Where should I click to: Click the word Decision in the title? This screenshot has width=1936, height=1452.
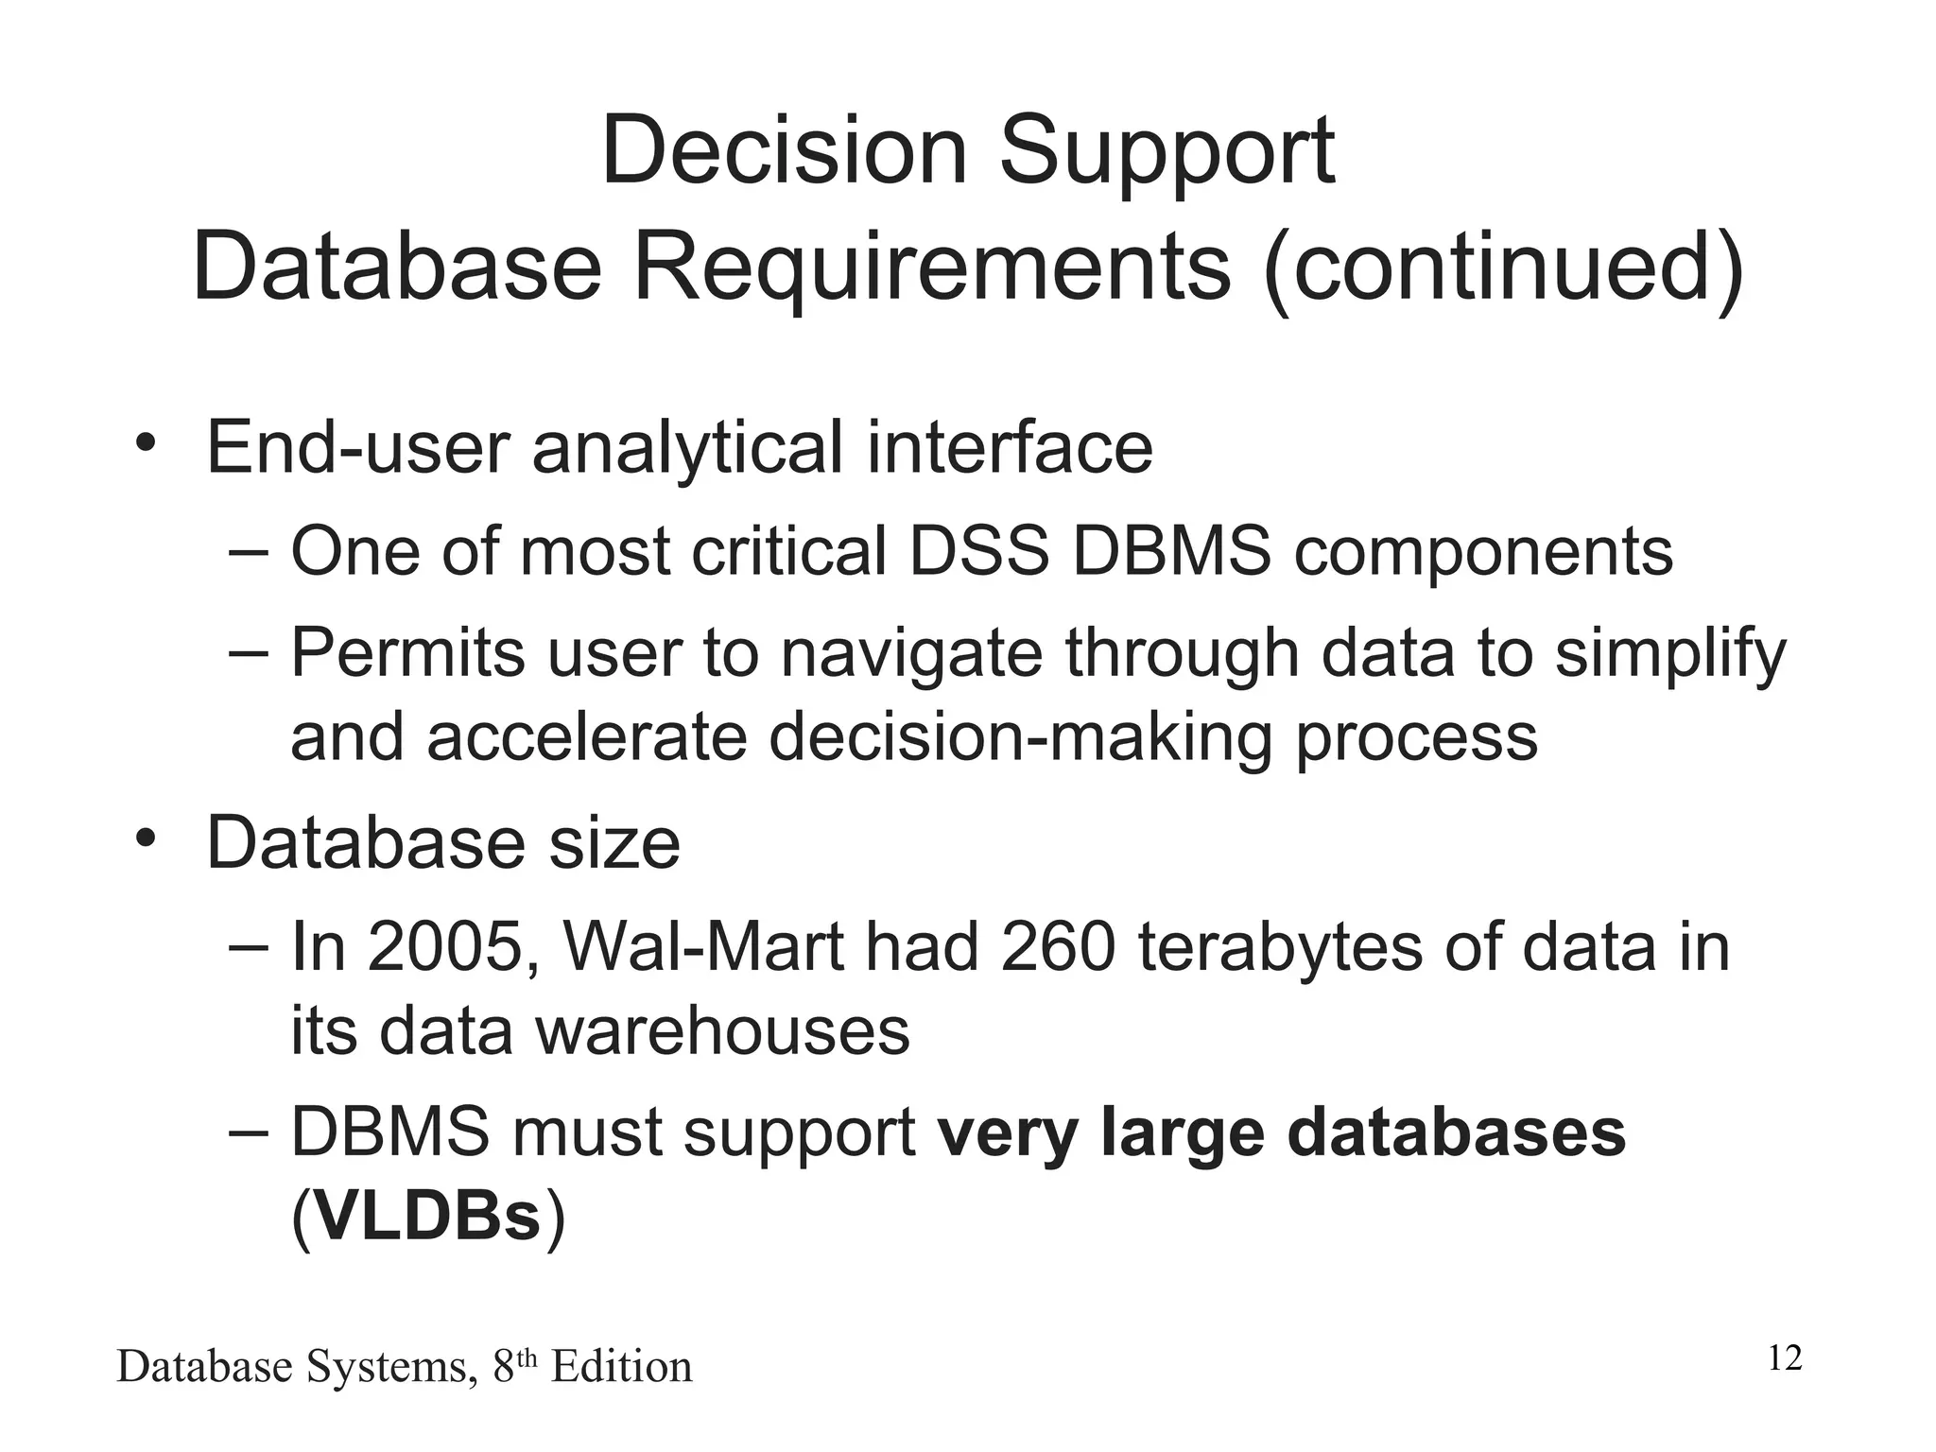pyautogui.click(x=784, y=151)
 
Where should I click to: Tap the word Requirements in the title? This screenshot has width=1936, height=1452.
pyautogui.click(x=931, y=268)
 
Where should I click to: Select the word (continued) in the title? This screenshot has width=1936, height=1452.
pyautogui.click(x=1503, y=268)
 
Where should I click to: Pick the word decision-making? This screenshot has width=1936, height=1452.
pyautogui.click(x=1020, y=738)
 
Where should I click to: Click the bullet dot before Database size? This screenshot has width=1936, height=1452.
pyautogui.click(x=144, y=838)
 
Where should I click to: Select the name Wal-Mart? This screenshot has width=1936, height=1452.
pyautogui.click(x=702, y=946)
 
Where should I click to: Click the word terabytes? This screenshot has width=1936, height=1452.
pyautogui.click(x=1281, y=948)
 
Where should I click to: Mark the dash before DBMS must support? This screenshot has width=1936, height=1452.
pyautogui.click(x=250, y=1133)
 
